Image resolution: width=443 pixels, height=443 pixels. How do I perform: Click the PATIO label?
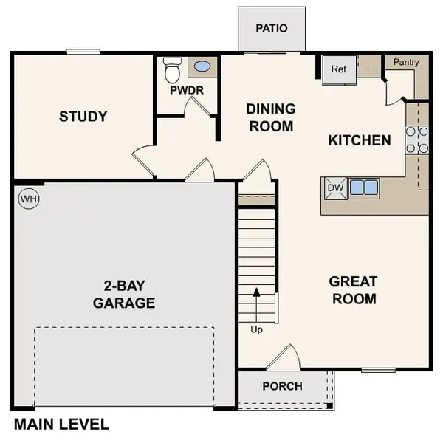(x=271, y=29)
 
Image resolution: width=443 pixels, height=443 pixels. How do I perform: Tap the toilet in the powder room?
(x=173, y=69)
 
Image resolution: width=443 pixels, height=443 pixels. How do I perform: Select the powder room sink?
(x=202, y=67)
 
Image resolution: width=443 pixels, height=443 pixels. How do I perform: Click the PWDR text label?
(x=187, y=91)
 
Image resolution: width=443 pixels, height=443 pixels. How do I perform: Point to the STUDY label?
(x=83, y=117)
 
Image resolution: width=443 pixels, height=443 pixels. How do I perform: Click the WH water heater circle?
(x=28, y=198)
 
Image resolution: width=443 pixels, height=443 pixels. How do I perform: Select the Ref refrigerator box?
(x=339, y=70)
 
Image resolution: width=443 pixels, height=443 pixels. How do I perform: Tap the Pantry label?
(x=406, y=63)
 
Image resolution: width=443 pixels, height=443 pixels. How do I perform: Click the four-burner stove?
(x=416, y=140)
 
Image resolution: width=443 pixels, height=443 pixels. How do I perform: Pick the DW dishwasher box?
(x=335, y=188)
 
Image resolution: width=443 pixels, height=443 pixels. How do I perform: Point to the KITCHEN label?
(x=360, y=140)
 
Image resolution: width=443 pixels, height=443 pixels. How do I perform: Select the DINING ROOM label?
(x=271, y=117)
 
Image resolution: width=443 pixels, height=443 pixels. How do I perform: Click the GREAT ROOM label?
(x=353, y=290)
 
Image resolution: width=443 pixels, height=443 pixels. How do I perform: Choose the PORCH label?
(x=282, y=386)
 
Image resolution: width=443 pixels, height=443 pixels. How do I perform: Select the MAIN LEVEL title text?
(x=62, y=425)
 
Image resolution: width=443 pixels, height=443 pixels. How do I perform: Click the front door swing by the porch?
(x=284, y=357)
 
